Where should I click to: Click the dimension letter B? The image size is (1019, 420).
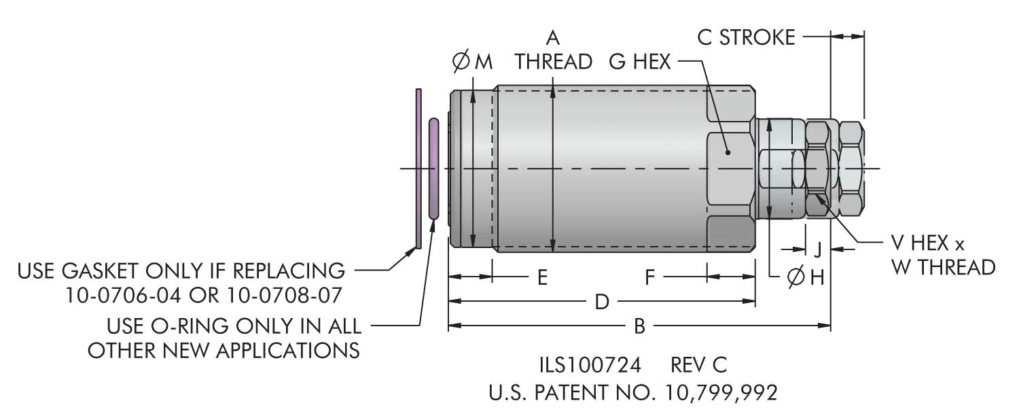(639, 327)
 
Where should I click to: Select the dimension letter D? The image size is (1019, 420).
(601, 302)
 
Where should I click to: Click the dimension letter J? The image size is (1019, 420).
(818, 249)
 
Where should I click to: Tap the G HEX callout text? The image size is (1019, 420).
(639, 62)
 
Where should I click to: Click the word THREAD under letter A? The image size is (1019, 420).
(554, 62)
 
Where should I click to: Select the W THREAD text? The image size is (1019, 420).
(943, 267)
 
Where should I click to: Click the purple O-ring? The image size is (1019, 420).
(434, 169)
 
